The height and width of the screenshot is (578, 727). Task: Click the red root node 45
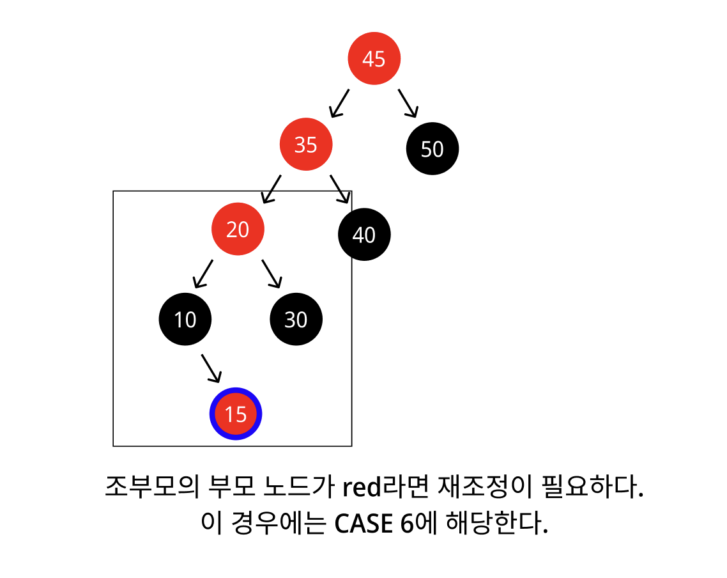click(374, 59)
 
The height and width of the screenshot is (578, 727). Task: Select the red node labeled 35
click(306, 145)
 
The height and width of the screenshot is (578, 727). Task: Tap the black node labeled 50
click(432, 149)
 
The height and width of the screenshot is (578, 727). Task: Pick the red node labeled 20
click(238, 229)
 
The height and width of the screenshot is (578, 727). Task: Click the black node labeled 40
click(364, 235)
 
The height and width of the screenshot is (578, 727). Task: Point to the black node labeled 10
click(185, 319)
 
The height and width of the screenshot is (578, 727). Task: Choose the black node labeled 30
click(296, 319)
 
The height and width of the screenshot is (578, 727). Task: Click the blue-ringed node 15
click(236, 414)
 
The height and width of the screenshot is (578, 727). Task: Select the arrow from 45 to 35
click(339, 104)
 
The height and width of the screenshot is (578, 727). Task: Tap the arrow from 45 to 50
click(408, 104)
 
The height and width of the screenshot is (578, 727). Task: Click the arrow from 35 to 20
click(272, 189)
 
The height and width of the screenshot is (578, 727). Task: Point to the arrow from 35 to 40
click(340, 189)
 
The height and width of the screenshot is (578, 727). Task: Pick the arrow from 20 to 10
click(203, 274)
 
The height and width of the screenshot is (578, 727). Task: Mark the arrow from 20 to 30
click(271, 274)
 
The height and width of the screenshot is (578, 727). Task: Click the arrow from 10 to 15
click(211, 368)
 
